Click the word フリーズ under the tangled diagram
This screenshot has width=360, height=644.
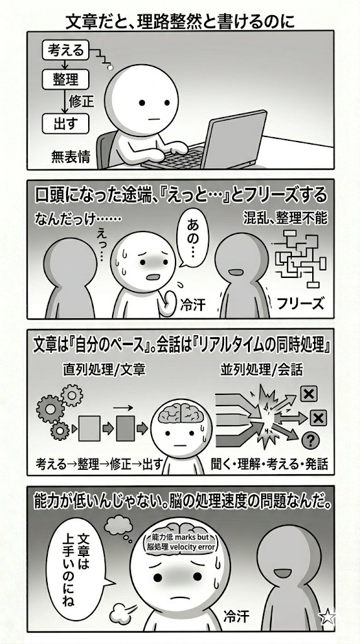coord(300,304)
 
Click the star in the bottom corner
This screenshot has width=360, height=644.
coord(327,617)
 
